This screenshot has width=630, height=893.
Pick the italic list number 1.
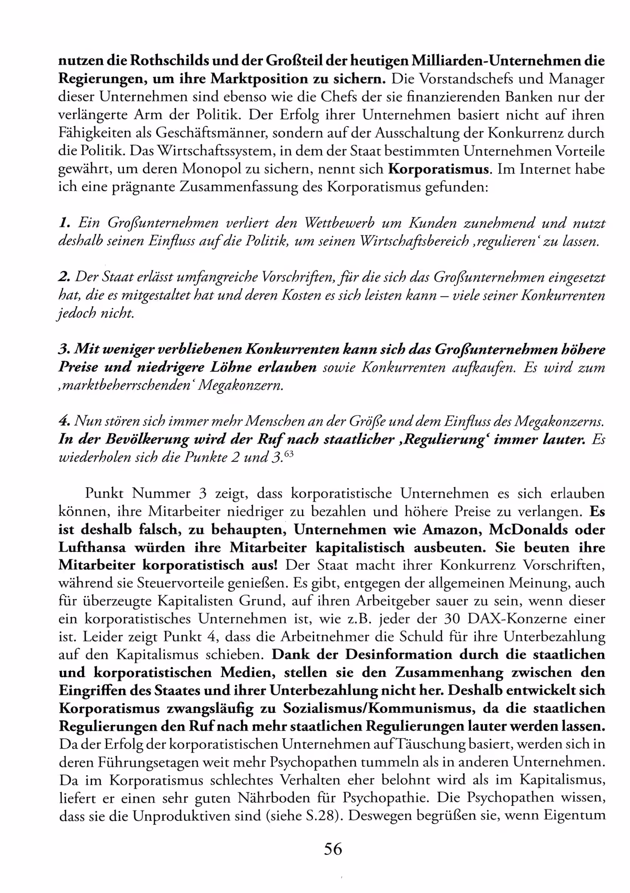point(64,223)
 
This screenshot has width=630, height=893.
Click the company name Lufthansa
point(92,547)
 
